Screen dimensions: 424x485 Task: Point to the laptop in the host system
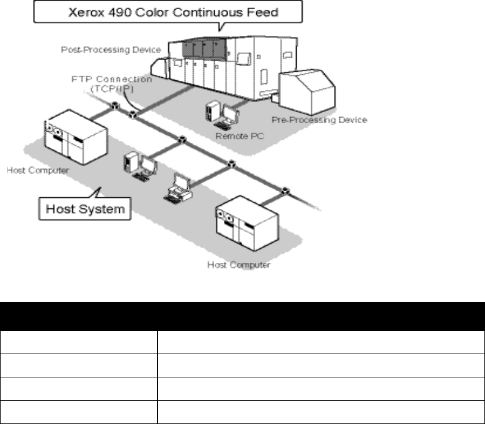click(x=179, y=187)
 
